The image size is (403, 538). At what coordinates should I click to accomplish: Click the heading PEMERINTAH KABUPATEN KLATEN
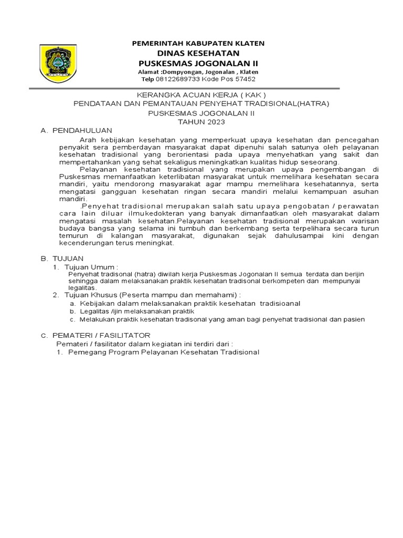(198, 43)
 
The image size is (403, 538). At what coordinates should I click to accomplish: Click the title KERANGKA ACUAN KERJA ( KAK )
(201, 95)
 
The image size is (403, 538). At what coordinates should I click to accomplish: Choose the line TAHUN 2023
(201, 122)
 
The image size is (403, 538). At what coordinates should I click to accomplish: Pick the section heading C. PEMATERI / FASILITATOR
(96, 335)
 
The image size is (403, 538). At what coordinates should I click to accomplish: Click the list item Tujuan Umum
(88, 267)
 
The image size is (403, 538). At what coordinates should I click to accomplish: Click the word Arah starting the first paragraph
(89, 140)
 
